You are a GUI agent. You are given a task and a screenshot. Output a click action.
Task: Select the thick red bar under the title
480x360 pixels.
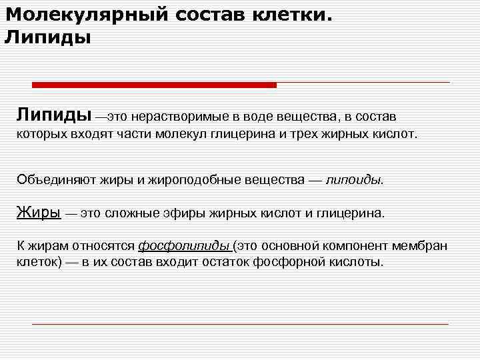(154, 85)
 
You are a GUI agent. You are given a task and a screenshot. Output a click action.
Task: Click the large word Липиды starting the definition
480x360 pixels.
(54, 115)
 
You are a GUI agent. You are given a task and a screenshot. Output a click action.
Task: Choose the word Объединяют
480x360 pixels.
(56, 180)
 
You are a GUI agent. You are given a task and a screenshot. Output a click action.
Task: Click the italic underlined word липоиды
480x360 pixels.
(354, 180)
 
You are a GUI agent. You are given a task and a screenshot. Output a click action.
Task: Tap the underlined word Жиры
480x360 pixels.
(39, 213)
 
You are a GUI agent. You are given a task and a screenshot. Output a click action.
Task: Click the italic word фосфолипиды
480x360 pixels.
(183, 246)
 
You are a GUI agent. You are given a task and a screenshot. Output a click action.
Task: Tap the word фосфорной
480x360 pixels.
(286, 262)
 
